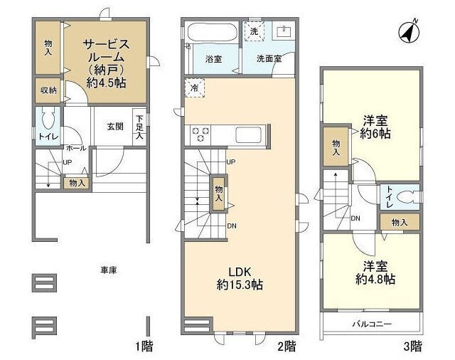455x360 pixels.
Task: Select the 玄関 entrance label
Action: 115,127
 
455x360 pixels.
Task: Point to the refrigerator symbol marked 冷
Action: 194,88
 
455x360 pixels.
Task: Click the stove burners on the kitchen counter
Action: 199,132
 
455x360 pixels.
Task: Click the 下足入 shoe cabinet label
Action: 140,126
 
